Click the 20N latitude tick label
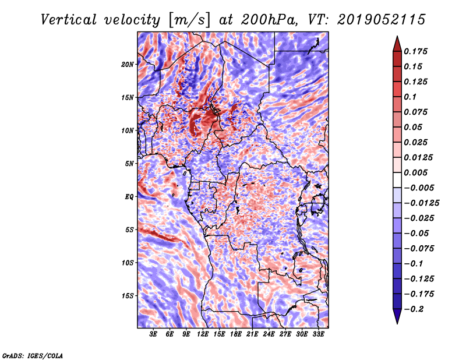128,65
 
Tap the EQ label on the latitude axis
129,197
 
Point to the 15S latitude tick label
128,296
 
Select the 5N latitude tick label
129,164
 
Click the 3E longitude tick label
153,334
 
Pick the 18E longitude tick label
236,334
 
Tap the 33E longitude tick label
318,334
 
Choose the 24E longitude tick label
269,334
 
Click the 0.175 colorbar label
415,52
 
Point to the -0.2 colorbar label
414,309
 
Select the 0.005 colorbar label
415,172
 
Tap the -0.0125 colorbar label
421,203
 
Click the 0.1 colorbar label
410,97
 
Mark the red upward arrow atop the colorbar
397,44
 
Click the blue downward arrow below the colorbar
397,316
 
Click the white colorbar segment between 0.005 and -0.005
397,180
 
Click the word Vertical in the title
69,20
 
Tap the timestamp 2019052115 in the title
382,20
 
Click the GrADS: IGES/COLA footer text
33,355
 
